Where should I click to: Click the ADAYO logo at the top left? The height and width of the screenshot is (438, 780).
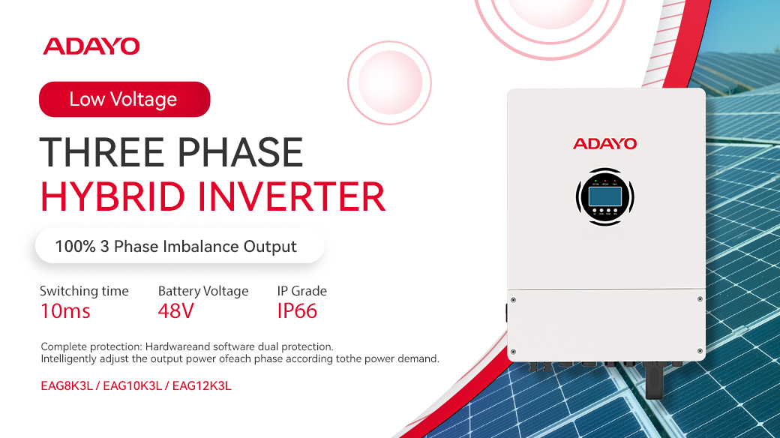click(x=91, y=46)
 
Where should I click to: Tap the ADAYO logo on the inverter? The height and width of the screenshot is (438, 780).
click(x=605, y=144)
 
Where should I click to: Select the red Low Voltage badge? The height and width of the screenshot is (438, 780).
click(x=124, y=100)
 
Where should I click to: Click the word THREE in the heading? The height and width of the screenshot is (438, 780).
click(x=102, y=152)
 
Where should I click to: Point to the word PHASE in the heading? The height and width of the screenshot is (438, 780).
click(x=240, y=152)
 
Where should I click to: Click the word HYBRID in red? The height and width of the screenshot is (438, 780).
click(x=113, y=196)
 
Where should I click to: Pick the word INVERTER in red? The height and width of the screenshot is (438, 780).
click(x=292, y=196)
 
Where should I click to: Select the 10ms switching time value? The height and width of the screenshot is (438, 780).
click(x=65, y=311)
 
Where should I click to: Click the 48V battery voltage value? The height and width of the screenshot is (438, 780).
click(x=175, y=311)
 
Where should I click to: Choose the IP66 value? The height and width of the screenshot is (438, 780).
click(x=297, y=311)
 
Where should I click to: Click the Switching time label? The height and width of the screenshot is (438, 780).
click(x=84, y=291)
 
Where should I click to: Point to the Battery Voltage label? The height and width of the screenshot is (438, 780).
click(x=203, y=291)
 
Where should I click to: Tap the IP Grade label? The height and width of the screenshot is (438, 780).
click(x=302, y=291)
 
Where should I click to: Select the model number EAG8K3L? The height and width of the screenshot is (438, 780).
click(x=67, y=386)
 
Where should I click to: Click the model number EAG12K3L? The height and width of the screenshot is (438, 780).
click(x=202, y=386)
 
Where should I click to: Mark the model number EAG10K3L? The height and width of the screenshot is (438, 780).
click(x=132, y=386)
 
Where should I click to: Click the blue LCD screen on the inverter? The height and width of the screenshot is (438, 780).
click(x=605, y=196)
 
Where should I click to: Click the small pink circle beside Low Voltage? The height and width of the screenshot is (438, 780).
click(x=389, y=82)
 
